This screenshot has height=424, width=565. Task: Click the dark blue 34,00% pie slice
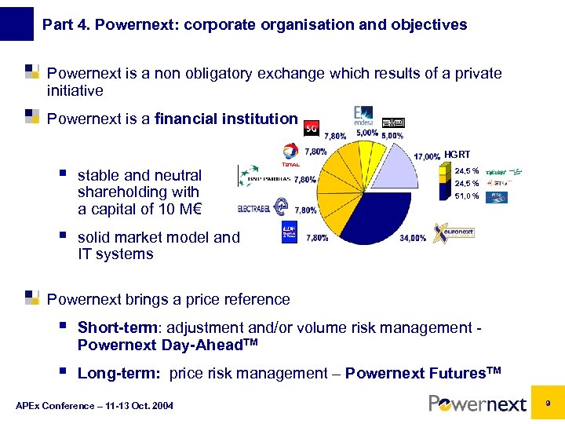click(x=369, y=216)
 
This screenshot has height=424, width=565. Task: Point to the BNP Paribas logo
click(x=264, y=177)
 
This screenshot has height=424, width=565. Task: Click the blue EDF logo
click(x=290, y=233)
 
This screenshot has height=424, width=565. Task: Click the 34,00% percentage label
click(x=413, y=237)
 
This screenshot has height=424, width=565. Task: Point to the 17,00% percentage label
click(x=426, y=156)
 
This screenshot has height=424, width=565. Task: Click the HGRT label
click(x=457, y=155)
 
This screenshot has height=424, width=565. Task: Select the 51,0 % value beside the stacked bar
click(x=466, y=197)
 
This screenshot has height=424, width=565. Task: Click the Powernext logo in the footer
click(x=477, y=404)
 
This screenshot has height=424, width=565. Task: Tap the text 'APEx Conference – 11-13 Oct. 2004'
click(x=94, y=405)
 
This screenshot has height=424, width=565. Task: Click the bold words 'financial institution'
click(x=226, y=119)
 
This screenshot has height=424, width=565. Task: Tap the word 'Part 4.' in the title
click(x=64, y=24)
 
